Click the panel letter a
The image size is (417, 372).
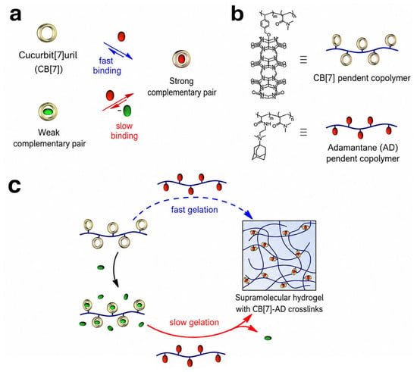click(x=15, y=15)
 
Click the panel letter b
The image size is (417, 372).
click(x=237, y=14)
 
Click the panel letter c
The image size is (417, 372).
click(x=14, y=186)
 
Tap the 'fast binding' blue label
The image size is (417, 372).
click(x=107, y=66)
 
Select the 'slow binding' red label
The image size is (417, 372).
click(x=124, y=131)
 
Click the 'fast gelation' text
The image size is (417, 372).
click(x=194, y=210)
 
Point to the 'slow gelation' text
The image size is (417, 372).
click(x=194, y=322)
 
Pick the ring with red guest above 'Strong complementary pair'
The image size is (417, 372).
click(x=181, y=59)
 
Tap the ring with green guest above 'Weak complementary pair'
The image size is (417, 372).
click(x=48, y=111)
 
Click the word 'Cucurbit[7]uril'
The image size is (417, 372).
click(x=48, y=55)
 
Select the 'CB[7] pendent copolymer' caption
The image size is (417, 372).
click(x=362, y=78)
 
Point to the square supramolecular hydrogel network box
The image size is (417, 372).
click(x=279, y=255)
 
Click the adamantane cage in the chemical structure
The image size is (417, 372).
click(x=259, y=153)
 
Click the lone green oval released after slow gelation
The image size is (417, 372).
click(x=268, y=338)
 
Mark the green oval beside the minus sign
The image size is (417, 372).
click(x=127, y=111)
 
